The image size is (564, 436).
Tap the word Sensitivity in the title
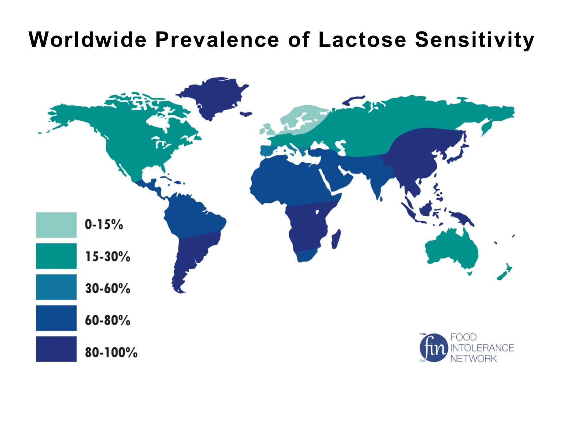[x=474, y=40]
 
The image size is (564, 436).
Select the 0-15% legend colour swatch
[x=56, y=225]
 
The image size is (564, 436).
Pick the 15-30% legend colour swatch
[x=56, y=256]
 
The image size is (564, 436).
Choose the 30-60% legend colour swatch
[x=56, y=287]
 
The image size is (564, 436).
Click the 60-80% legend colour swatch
[x=56, y=318]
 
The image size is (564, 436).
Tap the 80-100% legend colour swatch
[x=56, y=349]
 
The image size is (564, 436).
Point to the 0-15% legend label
[x=104, y=225]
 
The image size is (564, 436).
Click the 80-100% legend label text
[x=111, y=352]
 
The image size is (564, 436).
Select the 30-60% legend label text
[x=108, y=288]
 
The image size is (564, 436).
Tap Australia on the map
[x=451, y=248]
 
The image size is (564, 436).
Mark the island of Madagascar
[x=336, y=239]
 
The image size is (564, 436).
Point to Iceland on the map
[x=246, y=114]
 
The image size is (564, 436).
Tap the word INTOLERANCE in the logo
[x=482, y=348]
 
